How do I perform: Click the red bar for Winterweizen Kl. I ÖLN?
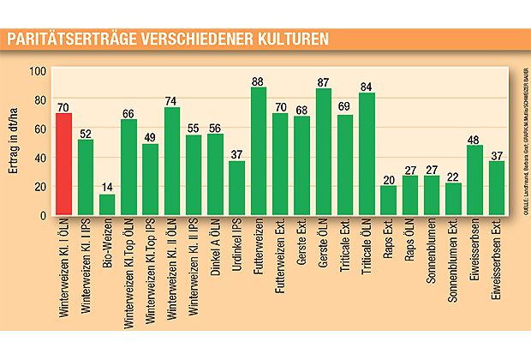[64, 165]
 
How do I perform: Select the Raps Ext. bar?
[389, 201]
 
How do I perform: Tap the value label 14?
[107, 187]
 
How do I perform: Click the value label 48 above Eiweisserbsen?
[475, 138]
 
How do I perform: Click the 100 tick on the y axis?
[39, 72]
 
